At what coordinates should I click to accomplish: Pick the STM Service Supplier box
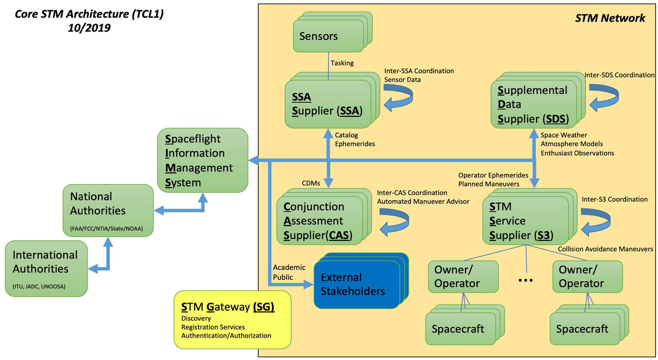click(x=524, y=221)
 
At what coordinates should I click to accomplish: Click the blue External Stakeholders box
click(x=356, y=284)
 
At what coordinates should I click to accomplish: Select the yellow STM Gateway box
click(x=232, y=319)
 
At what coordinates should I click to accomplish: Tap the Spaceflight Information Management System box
click(x=202, y=161)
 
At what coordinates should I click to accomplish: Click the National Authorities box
click(x=108, y=210)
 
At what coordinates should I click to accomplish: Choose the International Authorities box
click(x=46, y=268)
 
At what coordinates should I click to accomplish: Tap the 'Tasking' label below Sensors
click(x=342, y=63)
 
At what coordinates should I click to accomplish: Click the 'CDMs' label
click(x=311, y=183)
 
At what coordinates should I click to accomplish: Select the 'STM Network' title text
click(x=610, y=18)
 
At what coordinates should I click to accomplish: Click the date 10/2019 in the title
click(x=89, y=28)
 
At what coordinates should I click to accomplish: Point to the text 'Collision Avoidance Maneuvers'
click(x=605, y=249)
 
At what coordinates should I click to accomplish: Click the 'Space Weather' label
click(x=564, y=135)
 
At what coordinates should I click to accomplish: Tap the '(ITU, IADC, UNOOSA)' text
click(x=39, y=287)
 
